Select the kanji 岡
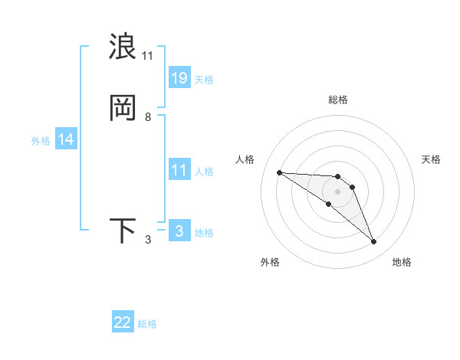[123, 108]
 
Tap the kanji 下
[123, 231]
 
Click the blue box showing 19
[179, 78]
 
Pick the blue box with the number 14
[66, 139]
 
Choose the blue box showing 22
[123, 322]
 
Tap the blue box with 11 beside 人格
[179, 170]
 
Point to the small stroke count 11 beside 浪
[148, 56]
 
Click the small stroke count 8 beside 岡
[148, 117]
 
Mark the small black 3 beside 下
[148, 240]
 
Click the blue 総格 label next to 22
[147, 324]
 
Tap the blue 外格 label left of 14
[41, 141]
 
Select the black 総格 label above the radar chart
[337, 100]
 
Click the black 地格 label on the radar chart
[402, 262]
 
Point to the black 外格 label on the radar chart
[270, 262]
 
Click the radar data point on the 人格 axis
[279, 172]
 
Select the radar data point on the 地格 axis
[374, 242]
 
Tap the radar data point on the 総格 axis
[337, 177]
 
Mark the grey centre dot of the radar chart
[337, 191]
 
